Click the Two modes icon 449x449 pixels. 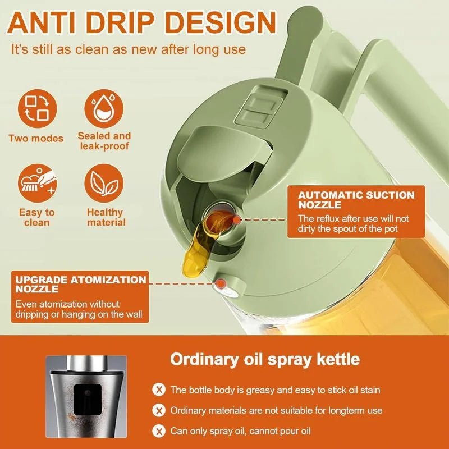(x=36, y=108)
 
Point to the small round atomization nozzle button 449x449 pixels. (x=226, y=285)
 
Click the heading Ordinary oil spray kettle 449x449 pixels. (x=265, y=359)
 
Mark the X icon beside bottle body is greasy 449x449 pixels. (x=159, y=390)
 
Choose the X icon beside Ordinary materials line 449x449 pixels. (x=159, y=410)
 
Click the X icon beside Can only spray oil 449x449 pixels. (x=159, y=431)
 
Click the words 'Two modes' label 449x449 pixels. (x=36, y=138)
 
